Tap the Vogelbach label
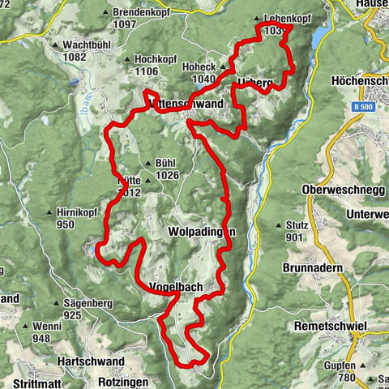click(x=175, y=288)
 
